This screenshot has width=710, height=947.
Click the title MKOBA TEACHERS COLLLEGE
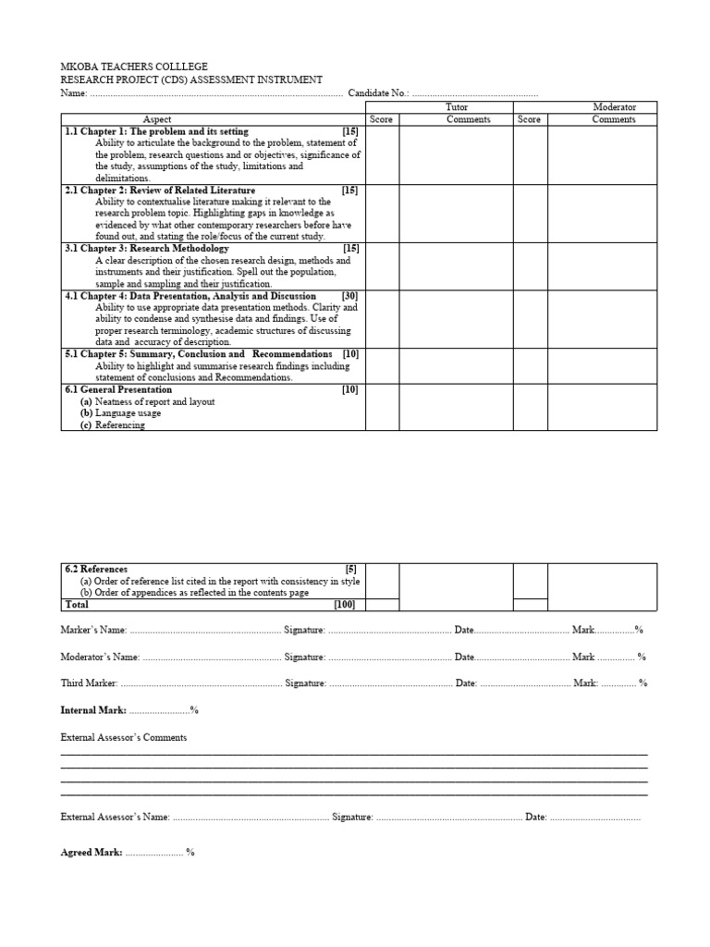tap(134, 68)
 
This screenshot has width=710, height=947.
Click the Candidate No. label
tap(378, 93)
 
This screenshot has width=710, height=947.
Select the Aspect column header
tap(157, 119)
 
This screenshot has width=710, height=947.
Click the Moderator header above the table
tap(615, 107)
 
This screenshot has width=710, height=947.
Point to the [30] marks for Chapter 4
tap(349, 296)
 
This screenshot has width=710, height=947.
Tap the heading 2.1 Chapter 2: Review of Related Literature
tap(160, 191)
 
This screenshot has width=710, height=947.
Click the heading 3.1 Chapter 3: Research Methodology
tap(147, 249)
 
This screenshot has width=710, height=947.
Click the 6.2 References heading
tap(96, 569)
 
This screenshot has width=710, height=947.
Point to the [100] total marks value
tap(344, 605)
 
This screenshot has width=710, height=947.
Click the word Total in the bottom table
tap(78, 605)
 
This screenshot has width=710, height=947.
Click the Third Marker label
tap(89, 683)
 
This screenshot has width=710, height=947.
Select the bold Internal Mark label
tap(93, 710)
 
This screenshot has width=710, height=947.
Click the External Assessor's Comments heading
tap(123, 738)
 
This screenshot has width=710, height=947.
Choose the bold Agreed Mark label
tap(91, 853)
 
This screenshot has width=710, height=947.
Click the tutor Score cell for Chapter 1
tap(382, 154)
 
